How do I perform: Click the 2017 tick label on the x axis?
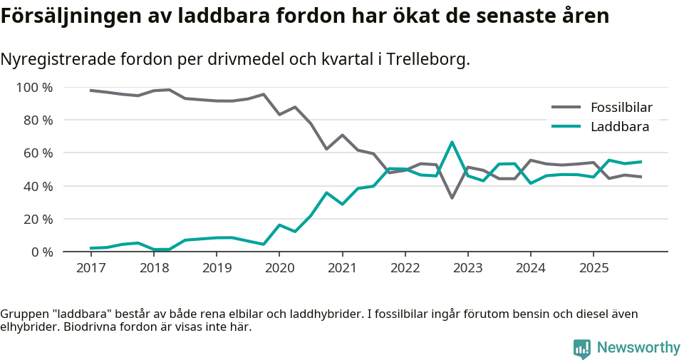coord(90,268)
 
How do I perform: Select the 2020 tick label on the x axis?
coord(279,268)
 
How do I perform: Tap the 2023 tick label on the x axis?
coord(468,268)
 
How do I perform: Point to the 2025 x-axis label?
coord(594,268)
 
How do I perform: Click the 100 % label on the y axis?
coord(34,88)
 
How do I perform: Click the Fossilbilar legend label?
coord(621,108)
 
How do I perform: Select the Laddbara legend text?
coord(619,127)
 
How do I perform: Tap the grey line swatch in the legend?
coord(566,108)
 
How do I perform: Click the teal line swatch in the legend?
coord(566,127)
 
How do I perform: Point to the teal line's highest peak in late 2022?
coord(452,142)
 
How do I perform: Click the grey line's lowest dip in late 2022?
coord(452,197)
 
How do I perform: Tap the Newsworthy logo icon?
coord(582,348)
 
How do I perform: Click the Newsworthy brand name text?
coord(638,348)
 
